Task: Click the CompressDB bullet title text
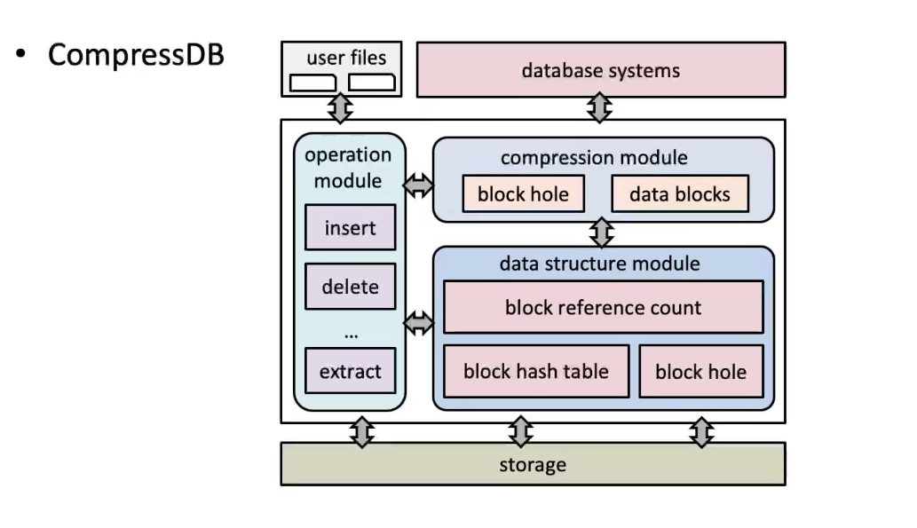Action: [136, 55]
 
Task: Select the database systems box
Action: [601, 69]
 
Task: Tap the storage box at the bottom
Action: [533, 464]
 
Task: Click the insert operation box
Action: [350, 228]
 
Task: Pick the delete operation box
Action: [350, 287]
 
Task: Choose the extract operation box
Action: [350, 371]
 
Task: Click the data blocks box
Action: [679, 193]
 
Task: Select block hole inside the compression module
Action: [523, 193]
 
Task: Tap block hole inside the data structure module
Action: [700, 372]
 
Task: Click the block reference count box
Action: [603, 308]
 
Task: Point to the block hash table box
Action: [536, 371]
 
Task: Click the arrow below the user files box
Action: [340, 108]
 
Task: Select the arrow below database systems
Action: [601, 108]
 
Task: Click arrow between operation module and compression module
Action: [419, 185]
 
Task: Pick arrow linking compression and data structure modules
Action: [603, 233]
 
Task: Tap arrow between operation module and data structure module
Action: [419, 323]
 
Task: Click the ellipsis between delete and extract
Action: [350, 334]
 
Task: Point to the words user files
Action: [346, 59]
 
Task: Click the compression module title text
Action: [594, 158]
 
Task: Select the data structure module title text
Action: [599, 264]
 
